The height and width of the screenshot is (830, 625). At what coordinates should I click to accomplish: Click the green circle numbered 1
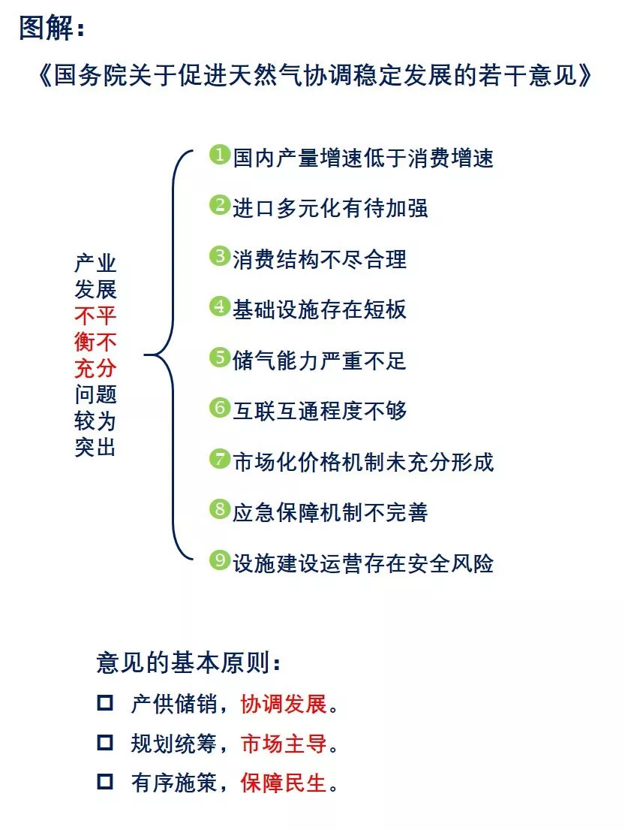click(x=219, y=155)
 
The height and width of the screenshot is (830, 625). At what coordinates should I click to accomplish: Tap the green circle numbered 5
click(x=219, y=358)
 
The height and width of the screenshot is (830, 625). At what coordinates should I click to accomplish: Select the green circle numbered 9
click(x=219, y=560)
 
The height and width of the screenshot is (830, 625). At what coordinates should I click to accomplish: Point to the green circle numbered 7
click(x=219, y=459)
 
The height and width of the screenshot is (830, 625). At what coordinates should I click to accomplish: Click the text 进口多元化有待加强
click(x=330, y=208)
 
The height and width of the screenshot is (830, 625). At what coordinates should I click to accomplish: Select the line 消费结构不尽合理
click(x=320, y=259)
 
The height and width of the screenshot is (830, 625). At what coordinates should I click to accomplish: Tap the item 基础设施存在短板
click(x=320, y=309)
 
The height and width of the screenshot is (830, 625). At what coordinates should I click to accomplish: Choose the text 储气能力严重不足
click(x=320, y=361)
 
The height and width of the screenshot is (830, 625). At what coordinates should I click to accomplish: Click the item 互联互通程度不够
click(x=320, y=411)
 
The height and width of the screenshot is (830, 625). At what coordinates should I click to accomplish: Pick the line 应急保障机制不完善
click(x=330, y=512)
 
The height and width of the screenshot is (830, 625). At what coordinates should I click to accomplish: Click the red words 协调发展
click(x=284, y=704)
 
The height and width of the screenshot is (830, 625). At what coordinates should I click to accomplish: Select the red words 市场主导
click(x=284, y=744)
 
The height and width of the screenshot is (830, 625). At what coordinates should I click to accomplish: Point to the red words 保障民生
click(x=284, y=783)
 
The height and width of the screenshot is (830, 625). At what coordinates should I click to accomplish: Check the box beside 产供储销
click(x=105, y=702)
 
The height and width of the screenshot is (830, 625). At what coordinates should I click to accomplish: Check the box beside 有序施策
click(x=105, y=781)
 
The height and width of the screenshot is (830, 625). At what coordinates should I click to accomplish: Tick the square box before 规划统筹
click(x=105, y=742)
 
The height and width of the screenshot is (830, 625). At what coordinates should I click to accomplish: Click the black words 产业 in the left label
click(x=95, y=263)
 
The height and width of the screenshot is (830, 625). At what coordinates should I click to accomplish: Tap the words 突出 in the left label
click(x=95, y=448)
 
